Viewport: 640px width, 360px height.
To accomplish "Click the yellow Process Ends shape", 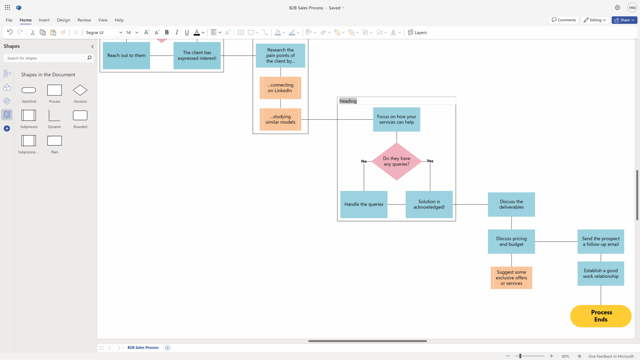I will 600,316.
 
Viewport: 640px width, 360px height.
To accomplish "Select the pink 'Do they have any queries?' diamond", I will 396,161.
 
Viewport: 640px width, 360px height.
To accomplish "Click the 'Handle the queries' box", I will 364,204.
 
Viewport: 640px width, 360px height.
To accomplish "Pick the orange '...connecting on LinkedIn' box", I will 280,88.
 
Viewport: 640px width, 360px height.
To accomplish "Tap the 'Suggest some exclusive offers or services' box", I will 511,278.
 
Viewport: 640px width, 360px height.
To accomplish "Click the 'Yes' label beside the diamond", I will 430,161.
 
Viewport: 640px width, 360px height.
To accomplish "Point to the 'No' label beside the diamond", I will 364,161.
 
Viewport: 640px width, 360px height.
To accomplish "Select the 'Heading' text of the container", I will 348,101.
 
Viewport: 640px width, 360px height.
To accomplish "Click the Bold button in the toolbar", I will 167,32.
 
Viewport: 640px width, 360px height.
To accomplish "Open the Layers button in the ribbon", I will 417,32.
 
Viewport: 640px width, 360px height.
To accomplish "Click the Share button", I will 624,20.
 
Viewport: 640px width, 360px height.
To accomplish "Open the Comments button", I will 564,20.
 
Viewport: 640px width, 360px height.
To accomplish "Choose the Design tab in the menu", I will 63,20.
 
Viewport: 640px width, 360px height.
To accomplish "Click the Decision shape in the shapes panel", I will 80,90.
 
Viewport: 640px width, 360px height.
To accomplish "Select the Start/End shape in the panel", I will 29,90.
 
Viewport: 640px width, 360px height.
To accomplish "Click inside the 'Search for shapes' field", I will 44,58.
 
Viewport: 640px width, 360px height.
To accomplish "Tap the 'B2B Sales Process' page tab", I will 143,348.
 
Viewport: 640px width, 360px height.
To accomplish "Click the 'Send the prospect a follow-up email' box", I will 600,242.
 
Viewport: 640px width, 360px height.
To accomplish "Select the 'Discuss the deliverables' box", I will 511,204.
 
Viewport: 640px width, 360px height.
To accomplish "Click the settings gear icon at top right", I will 617,8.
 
